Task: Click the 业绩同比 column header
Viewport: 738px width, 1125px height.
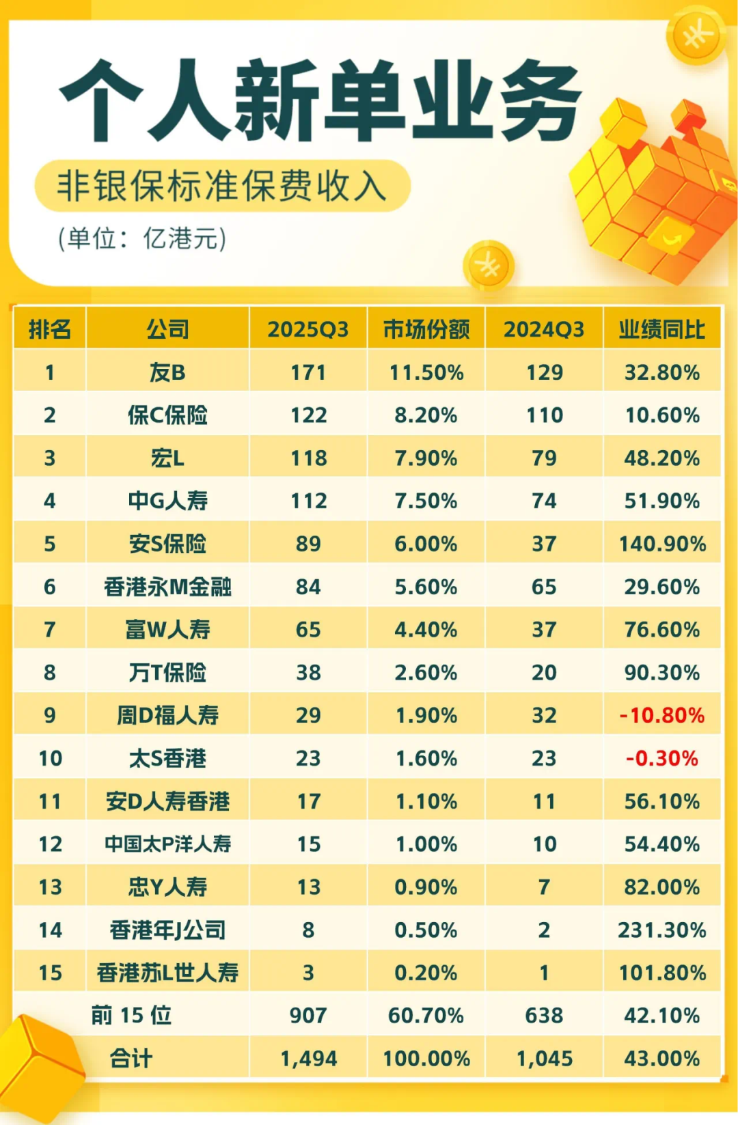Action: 661,329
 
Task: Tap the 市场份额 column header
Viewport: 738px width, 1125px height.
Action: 426,329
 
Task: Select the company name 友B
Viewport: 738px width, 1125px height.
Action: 167,372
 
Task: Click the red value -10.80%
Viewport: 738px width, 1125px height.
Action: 661,715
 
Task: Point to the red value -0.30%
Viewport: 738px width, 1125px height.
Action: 661,758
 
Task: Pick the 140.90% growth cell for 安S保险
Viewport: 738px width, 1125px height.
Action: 661,544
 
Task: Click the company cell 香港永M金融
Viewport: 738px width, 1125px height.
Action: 167,587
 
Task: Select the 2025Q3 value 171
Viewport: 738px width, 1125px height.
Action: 308,372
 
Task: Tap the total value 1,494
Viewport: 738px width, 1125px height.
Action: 308,1058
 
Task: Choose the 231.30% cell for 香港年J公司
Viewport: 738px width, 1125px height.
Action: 661,930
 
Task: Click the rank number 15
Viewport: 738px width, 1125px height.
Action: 50,973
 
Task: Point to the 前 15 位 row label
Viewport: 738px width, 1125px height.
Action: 131,1015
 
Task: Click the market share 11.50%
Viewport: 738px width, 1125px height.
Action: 426,372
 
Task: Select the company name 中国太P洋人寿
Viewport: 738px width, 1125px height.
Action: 167,844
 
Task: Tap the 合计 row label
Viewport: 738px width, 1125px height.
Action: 131,1058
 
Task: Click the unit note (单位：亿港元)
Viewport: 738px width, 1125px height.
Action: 141,238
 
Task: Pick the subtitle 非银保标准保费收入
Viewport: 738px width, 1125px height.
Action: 222,186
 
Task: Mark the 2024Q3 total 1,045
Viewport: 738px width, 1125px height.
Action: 544,1058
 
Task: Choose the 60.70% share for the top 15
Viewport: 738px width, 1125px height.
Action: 426,1015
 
